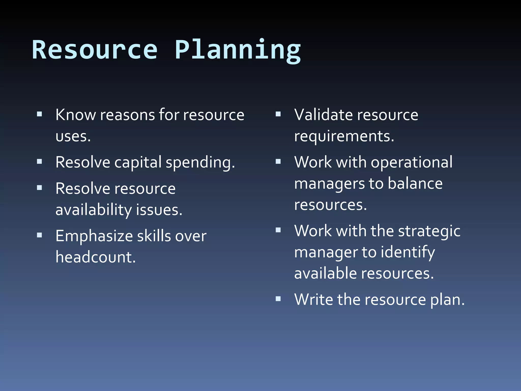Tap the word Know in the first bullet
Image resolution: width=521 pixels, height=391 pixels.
pos(76,115)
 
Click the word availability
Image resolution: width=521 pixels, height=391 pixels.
pos(93,210)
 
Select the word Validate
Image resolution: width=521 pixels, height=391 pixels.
pos(322,115)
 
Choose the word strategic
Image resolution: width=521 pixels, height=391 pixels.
pos(429,231)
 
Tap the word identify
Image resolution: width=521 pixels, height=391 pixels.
pos(408,253)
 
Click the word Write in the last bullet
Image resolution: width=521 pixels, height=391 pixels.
pos(313,300)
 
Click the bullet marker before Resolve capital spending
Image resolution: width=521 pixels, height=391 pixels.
pos(39,161)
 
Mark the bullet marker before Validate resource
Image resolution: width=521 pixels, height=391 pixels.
pos(278,114)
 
